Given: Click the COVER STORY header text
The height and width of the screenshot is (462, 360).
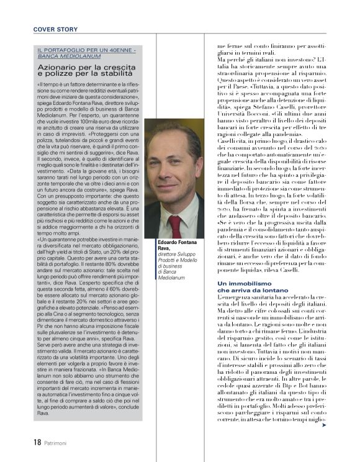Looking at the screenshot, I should [56, 29].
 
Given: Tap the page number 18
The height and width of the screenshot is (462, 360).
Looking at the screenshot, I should [37, 443].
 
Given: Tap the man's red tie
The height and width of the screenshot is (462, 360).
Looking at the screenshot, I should [176, 224].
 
